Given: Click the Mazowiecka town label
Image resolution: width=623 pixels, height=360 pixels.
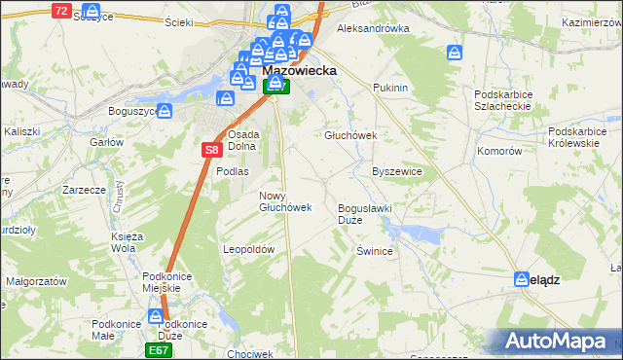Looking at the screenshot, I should (x=300, y=70).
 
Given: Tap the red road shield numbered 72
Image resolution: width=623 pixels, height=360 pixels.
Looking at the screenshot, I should (x=61, y=11).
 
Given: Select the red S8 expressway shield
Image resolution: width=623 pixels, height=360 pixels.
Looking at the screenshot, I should (x=213, y=150).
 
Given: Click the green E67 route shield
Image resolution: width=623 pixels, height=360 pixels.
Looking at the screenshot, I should (x=159, y=348).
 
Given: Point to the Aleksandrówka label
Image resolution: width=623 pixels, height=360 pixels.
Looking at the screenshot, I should (x=372, y=28).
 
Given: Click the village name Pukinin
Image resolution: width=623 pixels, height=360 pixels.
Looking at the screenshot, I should (x=389, y=88).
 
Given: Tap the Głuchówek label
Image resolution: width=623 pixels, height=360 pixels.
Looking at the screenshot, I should (x=350, y=136).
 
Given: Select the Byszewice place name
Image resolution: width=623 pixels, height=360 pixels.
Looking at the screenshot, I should (x=397, y=171).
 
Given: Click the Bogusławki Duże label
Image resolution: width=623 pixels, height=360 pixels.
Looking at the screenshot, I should (x=364, y=214).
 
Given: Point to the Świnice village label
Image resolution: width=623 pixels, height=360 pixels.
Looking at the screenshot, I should (x=374, y=251).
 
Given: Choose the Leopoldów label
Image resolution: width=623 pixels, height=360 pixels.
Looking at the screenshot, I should (x=250, y=249).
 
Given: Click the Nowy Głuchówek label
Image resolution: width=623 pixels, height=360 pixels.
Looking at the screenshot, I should (x=285, y=200).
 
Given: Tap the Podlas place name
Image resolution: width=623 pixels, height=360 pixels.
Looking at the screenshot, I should (x=234, y=171).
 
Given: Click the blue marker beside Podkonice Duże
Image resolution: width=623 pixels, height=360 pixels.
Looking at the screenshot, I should (x=156, y=316).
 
